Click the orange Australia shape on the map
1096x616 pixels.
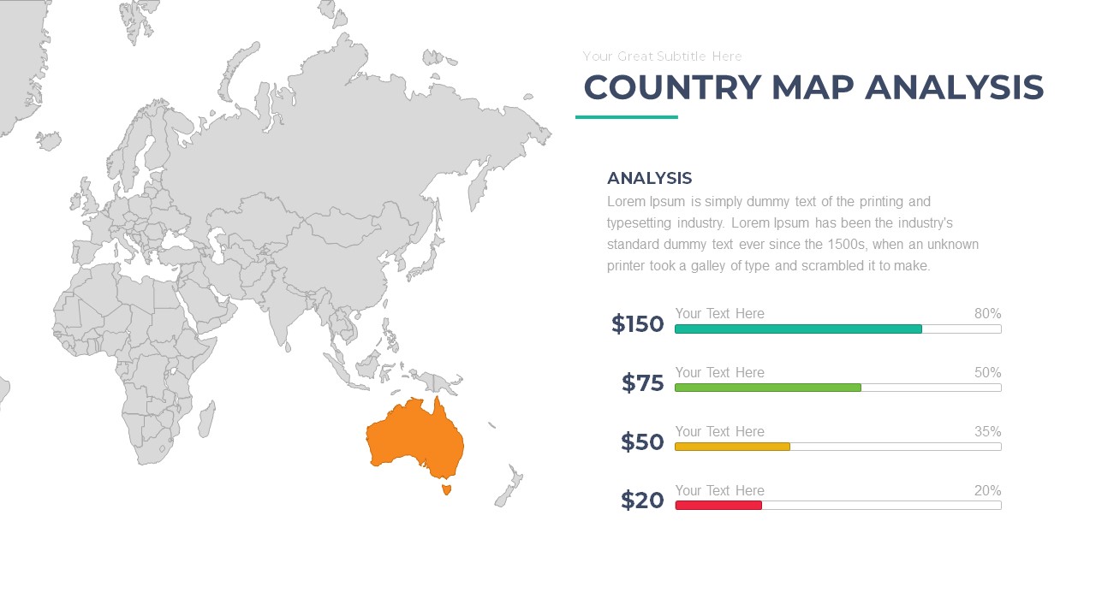coord(415,436)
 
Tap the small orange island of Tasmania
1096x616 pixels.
coord(445,489)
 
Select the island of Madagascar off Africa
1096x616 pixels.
coord(206,419)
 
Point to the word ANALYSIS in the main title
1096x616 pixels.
coord(954,88)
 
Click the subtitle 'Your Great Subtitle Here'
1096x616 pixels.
coord(662,56)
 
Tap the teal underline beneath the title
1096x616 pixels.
coord(626,117)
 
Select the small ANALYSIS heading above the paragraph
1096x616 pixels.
coord(649,178)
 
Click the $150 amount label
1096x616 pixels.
coord(637,324)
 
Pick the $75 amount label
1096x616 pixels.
coord(642,383)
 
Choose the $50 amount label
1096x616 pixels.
coord(642,442)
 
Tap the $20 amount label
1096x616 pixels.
coord(642,500)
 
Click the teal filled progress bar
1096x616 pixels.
coord(797,329)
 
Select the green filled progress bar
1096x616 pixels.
coord(767,388)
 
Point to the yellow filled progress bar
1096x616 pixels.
coord(732,447)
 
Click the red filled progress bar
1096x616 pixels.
coord(718,506)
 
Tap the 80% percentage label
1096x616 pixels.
coord(987,314)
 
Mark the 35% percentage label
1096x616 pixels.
coord(987,432)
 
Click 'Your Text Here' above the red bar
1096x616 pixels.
coord(719,491)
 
